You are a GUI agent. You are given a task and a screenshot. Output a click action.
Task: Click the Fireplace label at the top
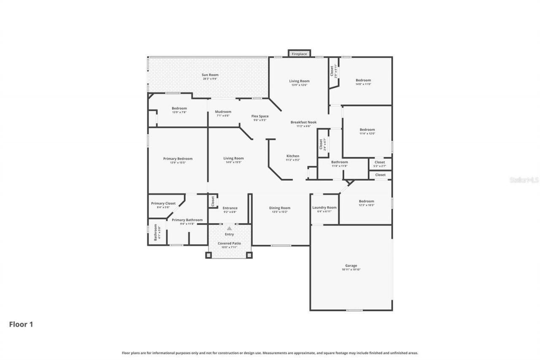(x=299, y=54)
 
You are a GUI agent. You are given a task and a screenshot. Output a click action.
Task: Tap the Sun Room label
(x=210, y=75)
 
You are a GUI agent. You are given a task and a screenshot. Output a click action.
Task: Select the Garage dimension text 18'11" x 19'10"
(x=351, y=269)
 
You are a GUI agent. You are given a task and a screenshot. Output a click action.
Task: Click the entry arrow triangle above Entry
(x=229, y=228)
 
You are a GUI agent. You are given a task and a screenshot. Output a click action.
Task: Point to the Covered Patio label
(x=229, y=244)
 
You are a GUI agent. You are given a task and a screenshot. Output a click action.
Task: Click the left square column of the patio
(x=208, y=255)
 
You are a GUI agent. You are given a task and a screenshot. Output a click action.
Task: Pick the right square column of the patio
(x=249, y=255)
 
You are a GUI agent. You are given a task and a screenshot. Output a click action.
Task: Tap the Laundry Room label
(x=324, y=207)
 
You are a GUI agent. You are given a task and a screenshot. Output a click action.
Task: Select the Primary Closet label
(x=163, y=203)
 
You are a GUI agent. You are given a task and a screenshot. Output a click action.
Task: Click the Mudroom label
(x=223, y=112)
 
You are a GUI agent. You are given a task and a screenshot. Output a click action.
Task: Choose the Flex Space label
(x=260, y=116)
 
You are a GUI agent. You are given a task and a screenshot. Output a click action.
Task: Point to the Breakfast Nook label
(x=303, y=122)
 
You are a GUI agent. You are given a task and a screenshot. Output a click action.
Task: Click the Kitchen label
(x=293, y=156)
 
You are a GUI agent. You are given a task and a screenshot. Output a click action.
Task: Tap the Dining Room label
(x=280, y=208)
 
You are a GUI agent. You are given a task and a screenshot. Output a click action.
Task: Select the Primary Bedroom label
(x=178, y=159)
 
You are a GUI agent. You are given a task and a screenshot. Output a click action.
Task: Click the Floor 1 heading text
(x=21, y=325)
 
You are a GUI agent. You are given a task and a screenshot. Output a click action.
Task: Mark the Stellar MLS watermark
(x=524, y=180)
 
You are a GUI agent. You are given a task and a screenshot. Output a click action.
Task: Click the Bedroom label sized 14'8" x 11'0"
(x=363, y=80)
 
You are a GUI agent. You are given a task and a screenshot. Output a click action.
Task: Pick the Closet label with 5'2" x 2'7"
(x=380, y=162)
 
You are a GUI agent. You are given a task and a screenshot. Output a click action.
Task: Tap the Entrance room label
(x=230, y=208)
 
